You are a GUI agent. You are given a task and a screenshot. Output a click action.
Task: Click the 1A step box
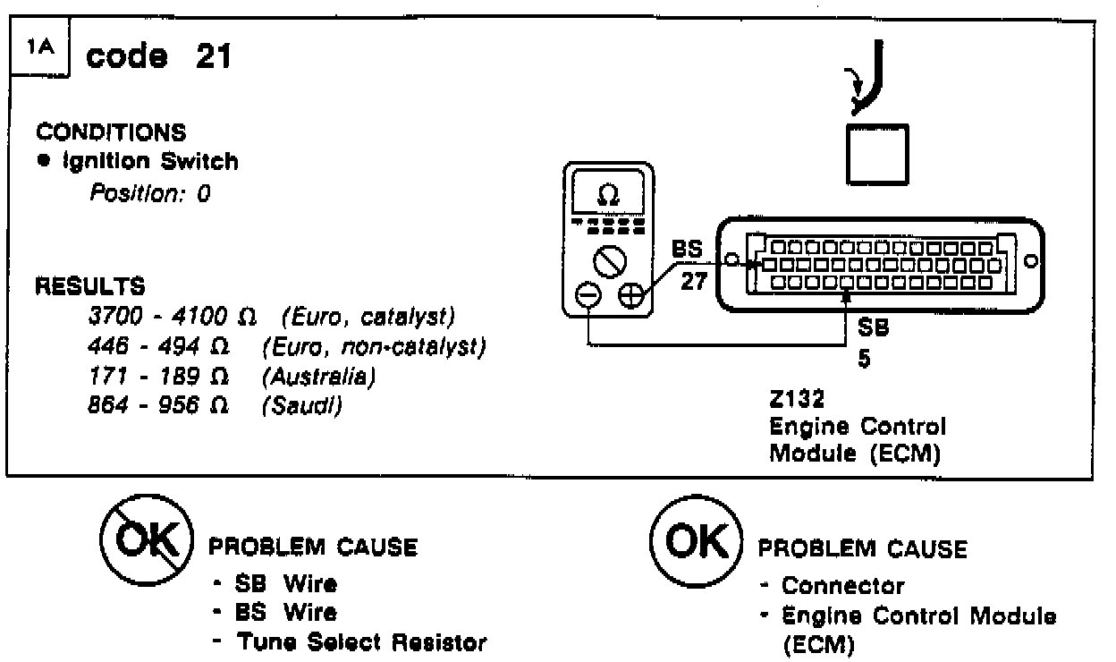(x=42, y=51)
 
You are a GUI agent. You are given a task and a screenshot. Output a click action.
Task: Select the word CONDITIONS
(x=112, y=132)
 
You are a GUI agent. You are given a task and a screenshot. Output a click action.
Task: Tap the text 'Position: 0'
(x=148, y=193)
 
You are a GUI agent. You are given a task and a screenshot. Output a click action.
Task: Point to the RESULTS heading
(x=89, y=287)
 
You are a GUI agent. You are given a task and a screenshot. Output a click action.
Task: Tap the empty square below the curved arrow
(x=876, y=153)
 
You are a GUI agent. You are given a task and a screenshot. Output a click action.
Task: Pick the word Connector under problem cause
(x=842, y=586)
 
